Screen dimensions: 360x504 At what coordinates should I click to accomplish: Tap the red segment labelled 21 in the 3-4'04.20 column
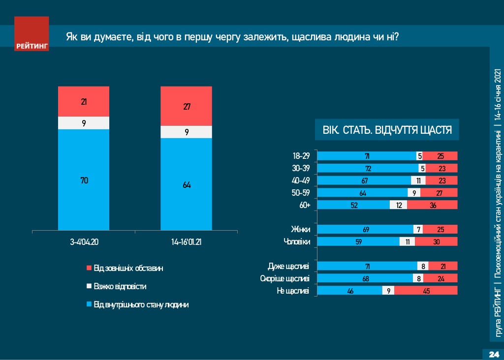84,102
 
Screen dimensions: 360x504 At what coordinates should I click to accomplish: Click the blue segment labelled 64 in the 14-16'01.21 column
186,184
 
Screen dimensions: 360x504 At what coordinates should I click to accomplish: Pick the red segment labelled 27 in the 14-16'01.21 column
186,106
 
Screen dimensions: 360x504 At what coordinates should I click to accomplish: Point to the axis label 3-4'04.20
84,242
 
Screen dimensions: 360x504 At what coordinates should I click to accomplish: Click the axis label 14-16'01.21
187,242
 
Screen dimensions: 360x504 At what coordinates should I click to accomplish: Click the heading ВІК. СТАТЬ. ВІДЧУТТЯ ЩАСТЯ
387,130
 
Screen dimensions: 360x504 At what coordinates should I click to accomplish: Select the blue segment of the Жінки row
365,229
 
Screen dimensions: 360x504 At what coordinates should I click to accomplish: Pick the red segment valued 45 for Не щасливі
426,291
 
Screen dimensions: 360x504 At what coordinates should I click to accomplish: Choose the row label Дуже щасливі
288,267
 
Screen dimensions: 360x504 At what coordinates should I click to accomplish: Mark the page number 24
493,355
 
